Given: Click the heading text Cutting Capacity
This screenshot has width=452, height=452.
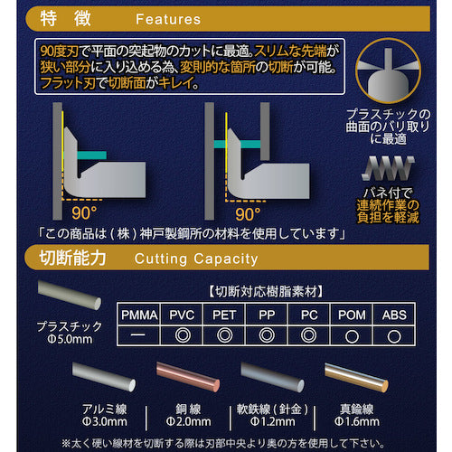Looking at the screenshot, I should (195, 259).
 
